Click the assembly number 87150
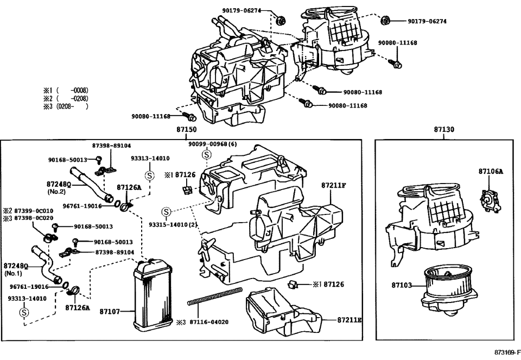point(186,130)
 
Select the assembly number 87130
point(444,130)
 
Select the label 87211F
point(333,185)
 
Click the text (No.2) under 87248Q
point(56,192)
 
